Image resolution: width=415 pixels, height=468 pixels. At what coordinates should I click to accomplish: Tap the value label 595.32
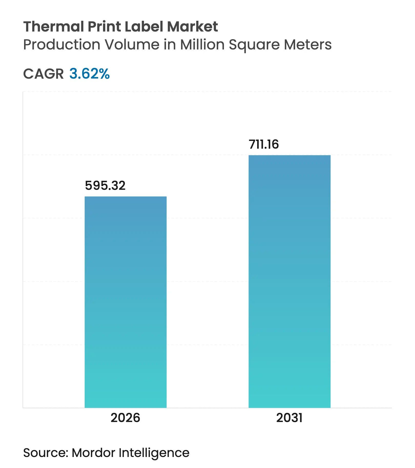point(105,186)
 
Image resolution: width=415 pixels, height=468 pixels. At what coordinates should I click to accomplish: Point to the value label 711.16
point(264,144)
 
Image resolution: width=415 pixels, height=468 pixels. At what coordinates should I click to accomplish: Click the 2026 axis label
point(125,418)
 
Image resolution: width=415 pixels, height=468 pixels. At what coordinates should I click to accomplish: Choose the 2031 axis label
point(289,418)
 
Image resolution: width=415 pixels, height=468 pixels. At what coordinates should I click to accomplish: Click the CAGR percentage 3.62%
point(89,74)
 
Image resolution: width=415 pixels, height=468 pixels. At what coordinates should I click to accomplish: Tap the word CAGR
point(43,74)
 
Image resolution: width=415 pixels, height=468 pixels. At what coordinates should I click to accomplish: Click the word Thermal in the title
point(54,27)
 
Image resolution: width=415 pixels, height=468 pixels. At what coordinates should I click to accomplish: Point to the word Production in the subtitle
point(61,45)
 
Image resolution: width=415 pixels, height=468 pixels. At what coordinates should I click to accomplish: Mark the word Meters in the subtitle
point(308,45)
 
